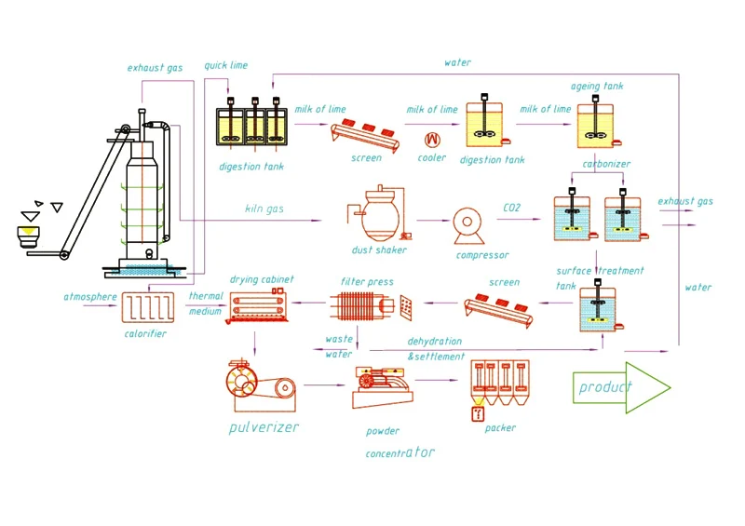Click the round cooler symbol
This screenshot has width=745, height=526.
coord(432,139)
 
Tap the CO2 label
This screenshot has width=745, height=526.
coord(511,208)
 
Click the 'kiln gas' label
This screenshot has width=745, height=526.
coord(264,209)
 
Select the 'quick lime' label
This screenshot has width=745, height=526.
coord(225,65)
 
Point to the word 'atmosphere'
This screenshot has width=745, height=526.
coord(90,297)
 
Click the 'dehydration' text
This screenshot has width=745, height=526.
coord(435,342)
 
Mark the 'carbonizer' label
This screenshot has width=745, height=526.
coord(606,164)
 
